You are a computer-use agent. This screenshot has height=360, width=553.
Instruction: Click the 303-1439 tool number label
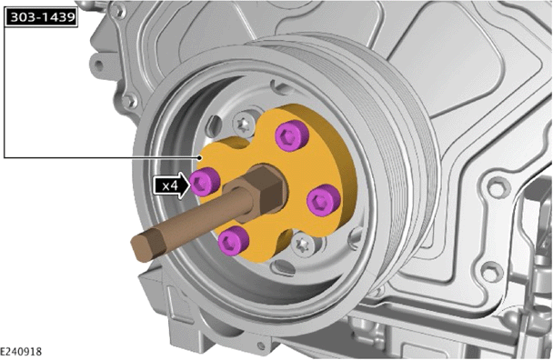(42, 17)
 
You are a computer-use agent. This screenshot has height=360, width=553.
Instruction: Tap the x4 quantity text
(170, 185)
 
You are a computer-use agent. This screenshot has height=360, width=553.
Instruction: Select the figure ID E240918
(21, 351)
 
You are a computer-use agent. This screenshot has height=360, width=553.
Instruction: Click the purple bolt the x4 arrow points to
(205, 181)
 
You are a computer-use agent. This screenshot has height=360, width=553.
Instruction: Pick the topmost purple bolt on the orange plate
(292, 135)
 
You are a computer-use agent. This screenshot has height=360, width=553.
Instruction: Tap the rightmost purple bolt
(324, 200)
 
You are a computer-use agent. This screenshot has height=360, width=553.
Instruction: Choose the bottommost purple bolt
(233, 239)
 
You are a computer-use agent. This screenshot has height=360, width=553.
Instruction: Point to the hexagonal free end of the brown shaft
(147, 246)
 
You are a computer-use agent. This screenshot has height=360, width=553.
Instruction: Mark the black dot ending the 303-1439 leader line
(200, 157)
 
